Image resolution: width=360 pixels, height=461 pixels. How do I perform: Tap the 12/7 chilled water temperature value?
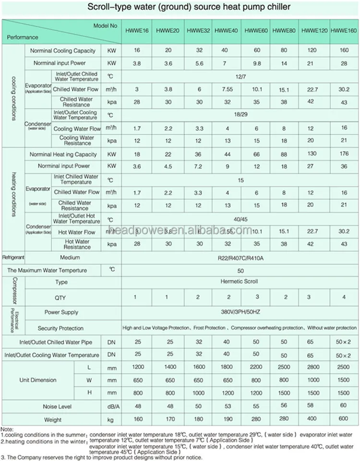click(x=241, y=77)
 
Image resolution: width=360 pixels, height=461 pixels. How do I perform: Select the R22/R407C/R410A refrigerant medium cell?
click(x=241, y=257)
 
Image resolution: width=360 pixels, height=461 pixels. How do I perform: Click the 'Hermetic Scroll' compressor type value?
click(x=241, y=282)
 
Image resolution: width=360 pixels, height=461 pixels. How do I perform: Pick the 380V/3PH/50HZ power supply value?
click(x=241, y=312)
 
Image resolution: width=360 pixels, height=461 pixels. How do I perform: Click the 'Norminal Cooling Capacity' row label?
click(x=63, y=51)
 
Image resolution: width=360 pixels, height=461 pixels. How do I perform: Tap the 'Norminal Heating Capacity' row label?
click(x=63, y=155)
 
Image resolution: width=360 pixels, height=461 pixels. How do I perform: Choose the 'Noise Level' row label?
click(x=57, y=407)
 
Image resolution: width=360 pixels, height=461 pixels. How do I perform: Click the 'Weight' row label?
click(x=53, y=420)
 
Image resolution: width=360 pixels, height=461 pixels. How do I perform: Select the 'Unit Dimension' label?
click(x=38, y=380)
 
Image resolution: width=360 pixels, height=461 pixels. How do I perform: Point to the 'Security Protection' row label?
click(x=60, y=328)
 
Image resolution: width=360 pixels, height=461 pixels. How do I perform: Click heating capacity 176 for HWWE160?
click(x=344, y=155)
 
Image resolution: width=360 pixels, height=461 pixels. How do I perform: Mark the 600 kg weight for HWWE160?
click(x=344, y=420)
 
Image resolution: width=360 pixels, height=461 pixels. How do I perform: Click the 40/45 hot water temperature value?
click(x=241, y=218)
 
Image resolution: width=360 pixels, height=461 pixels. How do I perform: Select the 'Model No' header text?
click(x=105, y=25)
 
